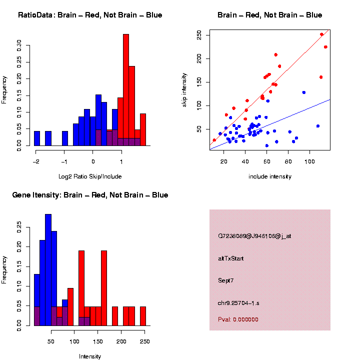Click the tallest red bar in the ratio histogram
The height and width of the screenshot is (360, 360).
(126, 90)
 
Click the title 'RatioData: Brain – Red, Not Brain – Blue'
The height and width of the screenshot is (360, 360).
(90, 15)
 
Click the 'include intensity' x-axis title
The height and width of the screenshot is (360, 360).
(270, 176)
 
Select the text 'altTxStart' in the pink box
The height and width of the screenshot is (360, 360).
(231, 258)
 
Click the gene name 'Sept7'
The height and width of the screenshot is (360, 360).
(226, 280)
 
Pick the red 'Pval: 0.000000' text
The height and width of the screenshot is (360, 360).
(238, 319)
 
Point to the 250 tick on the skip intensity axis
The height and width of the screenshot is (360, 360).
(199, 35)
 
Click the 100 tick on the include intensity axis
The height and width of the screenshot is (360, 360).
(310, 162)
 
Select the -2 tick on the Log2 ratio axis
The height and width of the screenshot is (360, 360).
(36, 162)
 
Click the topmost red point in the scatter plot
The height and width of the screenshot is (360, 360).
(321, 34)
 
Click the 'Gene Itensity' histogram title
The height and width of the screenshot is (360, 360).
(90, 195)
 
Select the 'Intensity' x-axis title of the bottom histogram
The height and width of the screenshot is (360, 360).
(90, 356)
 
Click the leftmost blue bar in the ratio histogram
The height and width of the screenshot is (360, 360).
(37, 138)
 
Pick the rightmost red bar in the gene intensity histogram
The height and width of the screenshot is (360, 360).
(143, 316)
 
